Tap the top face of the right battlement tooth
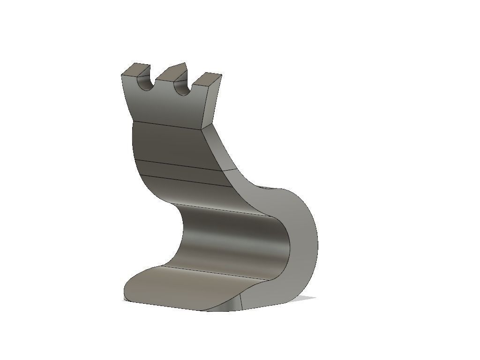(207, 77)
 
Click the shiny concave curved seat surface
(230, 239)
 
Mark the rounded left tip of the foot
(127, 288)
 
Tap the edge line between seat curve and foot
(216, 274)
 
